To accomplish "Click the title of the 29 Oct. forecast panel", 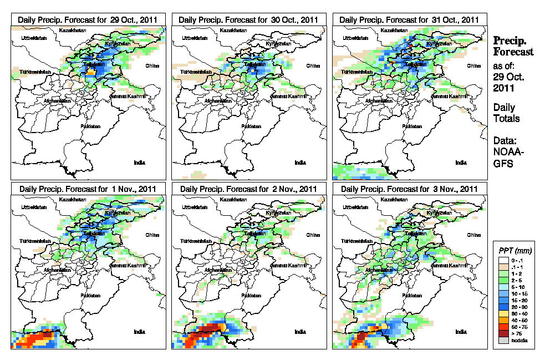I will pos(88,19).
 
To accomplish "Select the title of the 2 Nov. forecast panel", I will pos(248,189).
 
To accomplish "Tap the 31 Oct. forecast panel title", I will pos(409,19).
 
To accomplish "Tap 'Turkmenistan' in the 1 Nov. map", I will pos(35,242).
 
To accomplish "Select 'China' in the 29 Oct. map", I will pos(151,65).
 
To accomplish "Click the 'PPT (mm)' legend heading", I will pos(513,250).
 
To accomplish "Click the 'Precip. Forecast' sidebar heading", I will pos(513,46).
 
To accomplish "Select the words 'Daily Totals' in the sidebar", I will pos(506,113).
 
